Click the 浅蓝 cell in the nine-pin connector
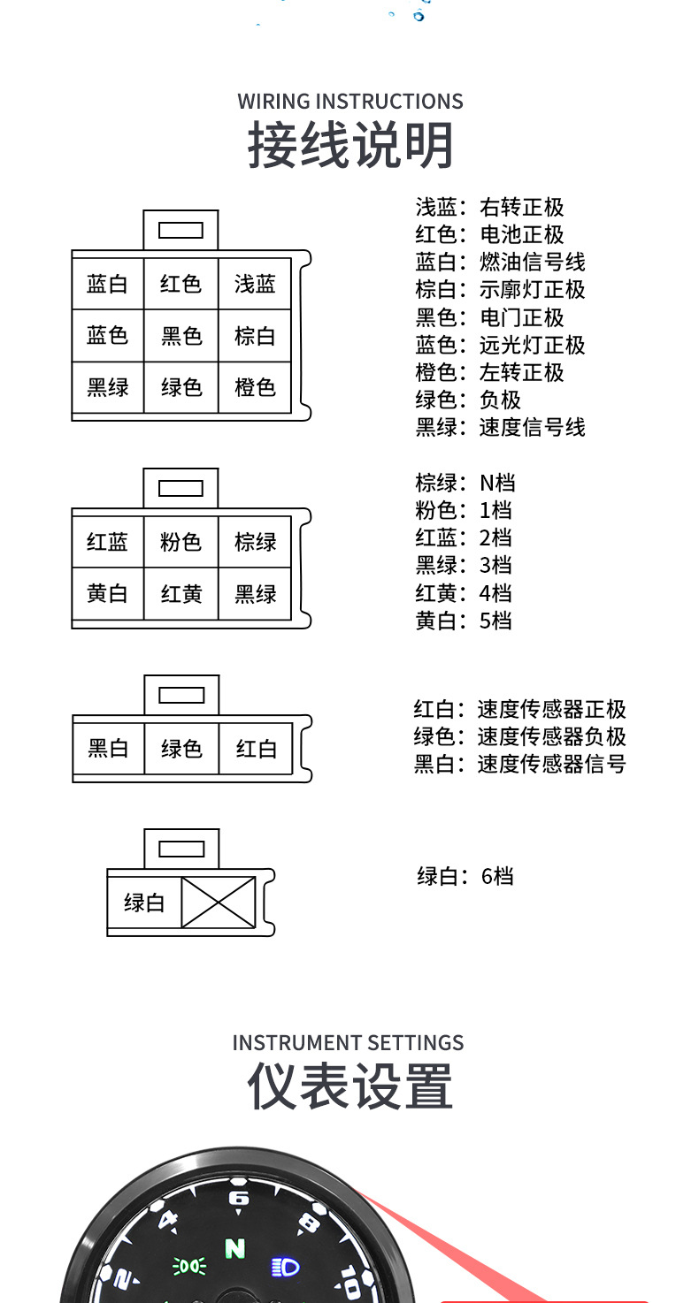[255, 284]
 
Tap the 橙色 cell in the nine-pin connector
[255, 387]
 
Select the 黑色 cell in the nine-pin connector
[181, 336]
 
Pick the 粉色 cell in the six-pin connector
[181, 542]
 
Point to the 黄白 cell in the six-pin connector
[108, 594]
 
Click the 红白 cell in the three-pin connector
[256, 749]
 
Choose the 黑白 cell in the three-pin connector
[108, 749]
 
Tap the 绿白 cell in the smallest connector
[144, 903]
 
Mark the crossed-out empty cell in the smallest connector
[219, 903]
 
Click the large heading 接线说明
[350, 146]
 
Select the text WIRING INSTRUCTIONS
[350, 101]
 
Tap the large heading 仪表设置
[350, 1086]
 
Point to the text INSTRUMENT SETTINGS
[348, 1042]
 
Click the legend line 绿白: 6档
[465, 876]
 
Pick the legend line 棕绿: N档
[465, 483]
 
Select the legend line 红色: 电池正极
[489, 234]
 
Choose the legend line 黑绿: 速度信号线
[500, 428]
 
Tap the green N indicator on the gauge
[235, 1248]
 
